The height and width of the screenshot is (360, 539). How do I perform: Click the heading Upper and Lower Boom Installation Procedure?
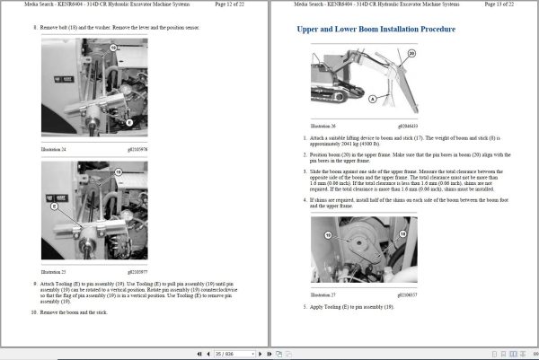click(x=376, y=30)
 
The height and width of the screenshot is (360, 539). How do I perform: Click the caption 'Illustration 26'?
click(x=321, y=126)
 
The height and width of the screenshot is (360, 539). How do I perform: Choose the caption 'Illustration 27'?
click(x=321, y=294)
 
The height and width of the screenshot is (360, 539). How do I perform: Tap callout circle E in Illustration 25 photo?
click(x=53, y=206)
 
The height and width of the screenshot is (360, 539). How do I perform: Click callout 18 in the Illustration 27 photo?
click(x=327, y=233)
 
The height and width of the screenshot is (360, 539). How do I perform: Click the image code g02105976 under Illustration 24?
click(x=136, y=148)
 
